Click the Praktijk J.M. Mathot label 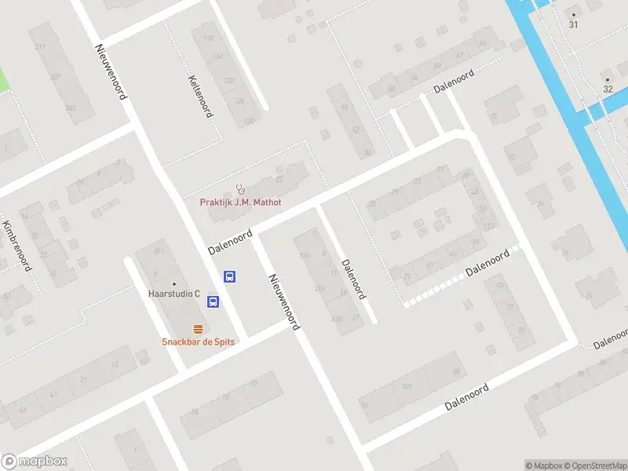(240, 202)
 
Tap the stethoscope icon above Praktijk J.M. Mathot (241, 188)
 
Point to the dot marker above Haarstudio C (174, 283)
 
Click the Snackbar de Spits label (199, 341)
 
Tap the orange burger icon (199, 329)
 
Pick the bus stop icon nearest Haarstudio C (213, 301)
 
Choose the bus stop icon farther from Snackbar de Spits (230, 276)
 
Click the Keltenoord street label (200, 96)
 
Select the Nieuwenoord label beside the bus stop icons (284, 301)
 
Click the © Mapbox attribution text (545, 466)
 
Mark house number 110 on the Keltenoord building (208, 38)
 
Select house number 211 (40, 47)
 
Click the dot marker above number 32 (607, 78)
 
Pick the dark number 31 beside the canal (573, 25)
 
